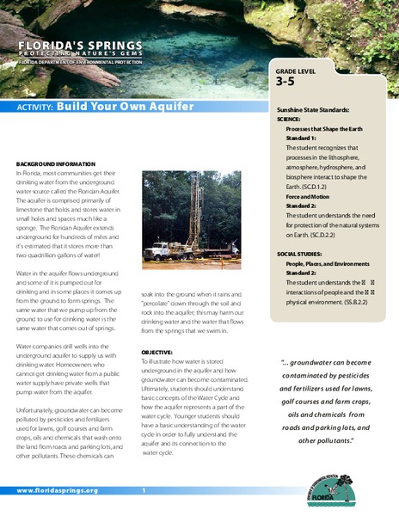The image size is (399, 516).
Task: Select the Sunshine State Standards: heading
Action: (314, 113)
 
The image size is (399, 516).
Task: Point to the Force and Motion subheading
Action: (310, 193)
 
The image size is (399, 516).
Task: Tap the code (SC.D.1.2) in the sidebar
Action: (316, 185)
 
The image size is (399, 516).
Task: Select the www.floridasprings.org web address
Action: (57, 490)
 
